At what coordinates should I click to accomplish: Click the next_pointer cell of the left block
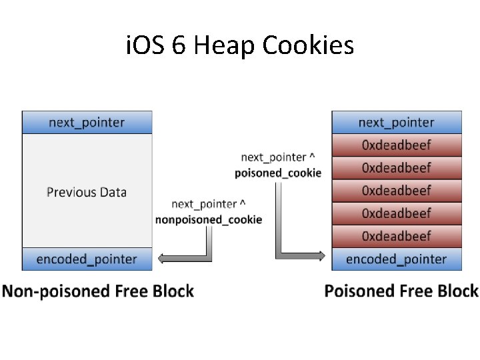tap(87, 123)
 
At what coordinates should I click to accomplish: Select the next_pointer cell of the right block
tap(397, 123)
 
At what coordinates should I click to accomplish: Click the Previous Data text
tap(87, 192)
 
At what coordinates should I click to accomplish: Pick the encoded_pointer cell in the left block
tap(87, 259)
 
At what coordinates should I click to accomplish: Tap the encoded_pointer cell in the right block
tap(397, 259)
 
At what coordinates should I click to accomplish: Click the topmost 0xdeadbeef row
tap(397, 145)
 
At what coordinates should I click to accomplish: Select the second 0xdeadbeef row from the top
tap(397, 168)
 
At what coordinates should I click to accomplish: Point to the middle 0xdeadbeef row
tap(397, 191)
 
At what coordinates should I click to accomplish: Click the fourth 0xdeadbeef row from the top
tap(397, 213)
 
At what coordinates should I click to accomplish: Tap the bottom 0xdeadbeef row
tap(397, 236)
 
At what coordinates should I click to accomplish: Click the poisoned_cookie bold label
tap(278, 173)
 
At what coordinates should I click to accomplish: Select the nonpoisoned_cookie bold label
tap(209, 219)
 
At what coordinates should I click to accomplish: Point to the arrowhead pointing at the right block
tap(321, 255)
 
